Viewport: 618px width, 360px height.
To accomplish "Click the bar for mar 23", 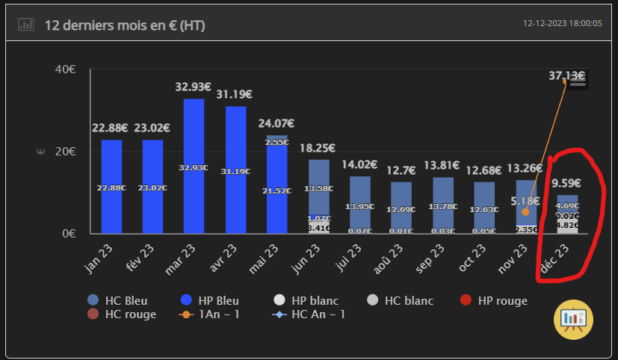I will (x=194, y=166).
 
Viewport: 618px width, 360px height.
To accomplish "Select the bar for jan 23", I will (x=111, y=187).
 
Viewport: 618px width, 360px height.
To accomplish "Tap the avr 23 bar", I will (x=235, y=170).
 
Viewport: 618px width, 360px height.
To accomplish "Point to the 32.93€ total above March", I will (x=194, y=87).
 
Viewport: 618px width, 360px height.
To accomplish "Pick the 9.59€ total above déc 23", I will (x=567, y=183).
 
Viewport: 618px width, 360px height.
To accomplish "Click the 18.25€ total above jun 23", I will (x=318, y=148).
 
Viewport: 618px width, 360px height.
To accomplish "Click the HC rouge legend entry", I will (x=123, y=314).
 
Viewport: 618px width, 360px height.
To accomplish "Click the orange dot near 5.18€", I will (x=525, y=212).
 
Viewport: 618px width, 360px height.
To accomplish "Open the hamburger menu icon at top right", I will (x=578, y=82).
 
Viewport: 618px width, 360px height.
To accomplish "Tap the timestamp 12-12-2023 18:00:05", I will (x=563, y=24).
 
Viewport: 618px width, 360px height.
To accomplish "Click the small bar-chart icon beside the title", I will (x=26, y=25).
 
